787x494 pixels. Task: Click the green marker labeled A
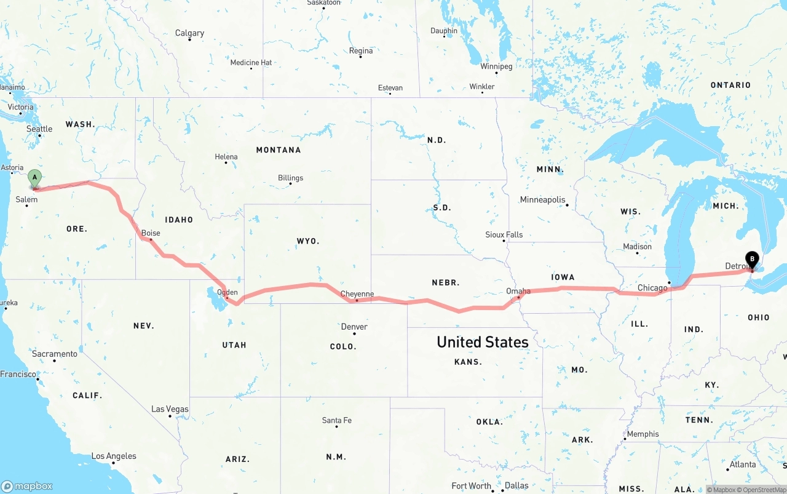coord(35,178)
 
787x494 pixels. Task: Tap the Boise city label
coord(151,233)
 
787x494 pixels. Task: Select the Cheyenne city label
coord(357,294)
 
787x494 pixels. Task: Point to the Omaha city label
coord(518,291)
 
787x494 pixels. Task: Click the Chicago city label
coord(652,288)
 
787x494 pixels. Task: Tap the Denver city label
coord(354,327)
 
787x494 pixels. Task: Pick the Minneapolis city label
coord(542,200)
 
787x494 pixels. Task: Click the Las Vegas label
coord(170,409)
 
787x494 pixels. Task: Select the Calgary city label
coord(189,33)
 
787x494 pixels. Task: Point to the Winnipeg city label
coord(496,66)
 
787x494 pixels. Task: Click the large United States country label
coord(483,342)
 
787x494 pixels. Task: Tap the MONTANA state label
coord(279,150)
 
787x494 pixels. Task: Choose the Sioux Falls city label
coord(504,234)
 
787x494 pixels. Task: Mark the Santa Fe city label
coord(337,420)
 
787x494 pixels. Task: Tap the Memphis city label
coord(643,434)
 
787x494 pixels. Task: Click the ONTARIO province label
coord(730,85)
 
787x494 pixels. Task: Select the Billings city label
coord(290,178)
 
